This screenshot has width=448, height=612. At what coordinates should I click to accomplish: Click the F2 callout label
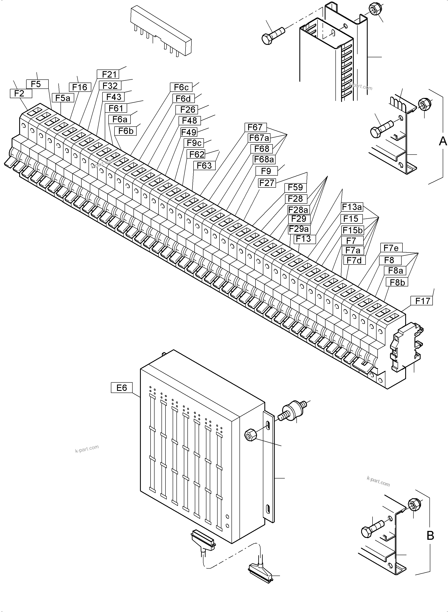(19, 94)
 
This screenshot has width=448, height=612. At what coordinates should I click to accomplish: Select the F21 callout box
(109, 74)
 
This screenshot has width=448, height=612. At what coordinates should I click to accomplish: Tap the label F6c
(181, 87)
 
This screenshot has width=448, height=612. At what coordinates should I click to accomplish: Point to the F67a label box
(259, 138)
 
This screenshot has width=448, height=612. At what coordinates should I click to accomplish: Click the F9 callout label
(266, 171)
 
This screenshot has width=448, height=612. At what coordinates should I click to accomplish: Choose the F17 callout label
(422, 301)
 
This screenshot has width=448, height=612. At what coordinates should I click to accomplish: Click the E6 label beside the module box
(121, 388)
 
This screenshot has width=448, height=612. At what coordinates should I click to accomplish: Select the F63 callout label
(204, 166)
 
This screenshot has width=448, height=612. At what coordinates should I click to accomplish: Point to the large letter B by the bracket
(430, 536)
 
